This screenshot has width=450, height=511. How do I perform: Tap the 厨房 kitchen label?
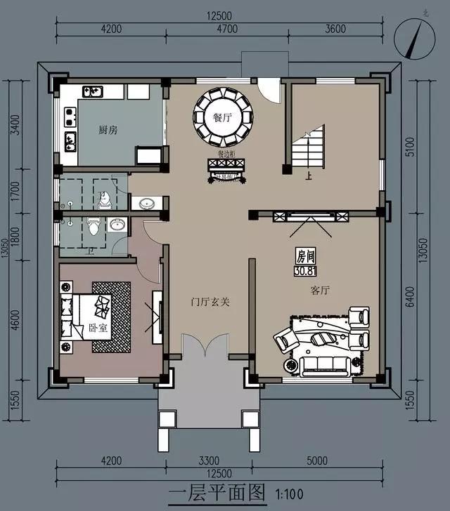click(x=108, y=130)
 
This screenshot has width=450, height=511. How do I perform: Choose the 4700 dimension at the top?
click(x=225, y=29)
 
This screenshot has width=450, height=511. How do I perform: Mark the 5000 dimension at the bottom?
click(x=318, y=461)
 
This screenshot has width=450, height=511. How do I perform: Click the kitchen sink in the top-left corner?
click(x=94, y=91)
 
